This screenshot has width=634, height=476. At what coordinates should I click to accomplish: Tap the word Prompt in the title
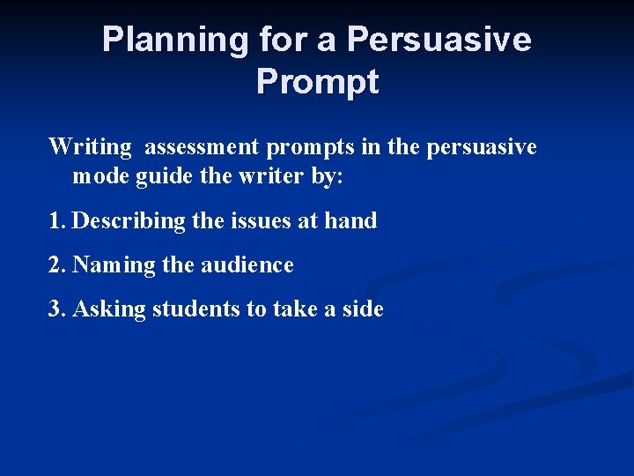click(317, 82)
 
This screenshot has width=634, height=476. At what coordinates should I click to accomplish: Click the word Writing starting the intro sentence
click(90, 146)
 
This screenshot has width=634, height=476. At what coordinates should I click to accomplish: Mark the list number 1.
click(56, 220)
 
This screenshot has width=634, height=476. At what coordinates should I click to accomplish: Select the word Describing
click(129, 221)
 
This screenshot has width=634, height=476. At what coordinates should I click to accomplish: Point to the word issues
click(262, 220)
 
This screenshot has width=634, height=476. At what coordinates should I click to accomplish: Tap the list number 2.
click(56, 264)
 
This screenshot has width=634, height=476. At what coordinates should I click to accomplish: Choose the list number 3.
click(56, 309)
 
